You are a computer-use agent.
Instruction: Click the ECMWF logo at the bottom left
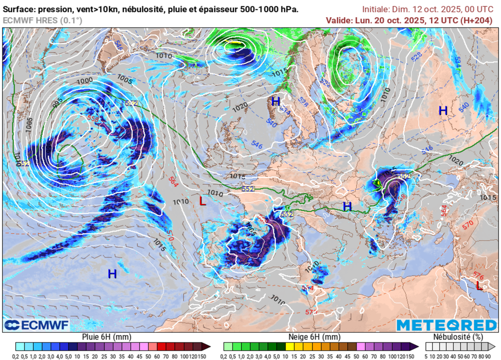(36, 325)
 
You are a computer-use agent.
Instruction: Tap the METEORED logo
(446, 325)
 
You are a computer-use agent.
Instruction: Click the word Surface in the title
(19, 9)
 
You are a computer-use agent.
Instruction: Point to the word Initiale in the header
(376, 9)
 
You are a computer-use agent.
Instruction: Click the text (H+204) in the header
(477, 20)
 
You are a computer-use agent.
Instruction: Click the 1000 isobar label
(85, 80)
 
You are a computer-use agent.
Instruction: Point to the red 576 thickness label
(478, 277)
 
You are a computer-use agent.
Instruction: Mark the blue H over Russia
(443, 111)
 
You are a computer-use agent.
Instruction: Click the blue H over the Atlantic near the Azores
(112, 274)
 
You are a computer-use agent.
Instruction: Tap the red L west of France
(203, 201)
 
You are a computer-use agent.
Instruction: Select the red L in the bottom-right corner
(479, 286)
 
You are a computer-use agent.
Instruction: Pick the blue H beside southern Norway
(275, 101)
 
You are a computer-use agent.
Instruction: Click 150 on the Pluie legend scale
(203, 356)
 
